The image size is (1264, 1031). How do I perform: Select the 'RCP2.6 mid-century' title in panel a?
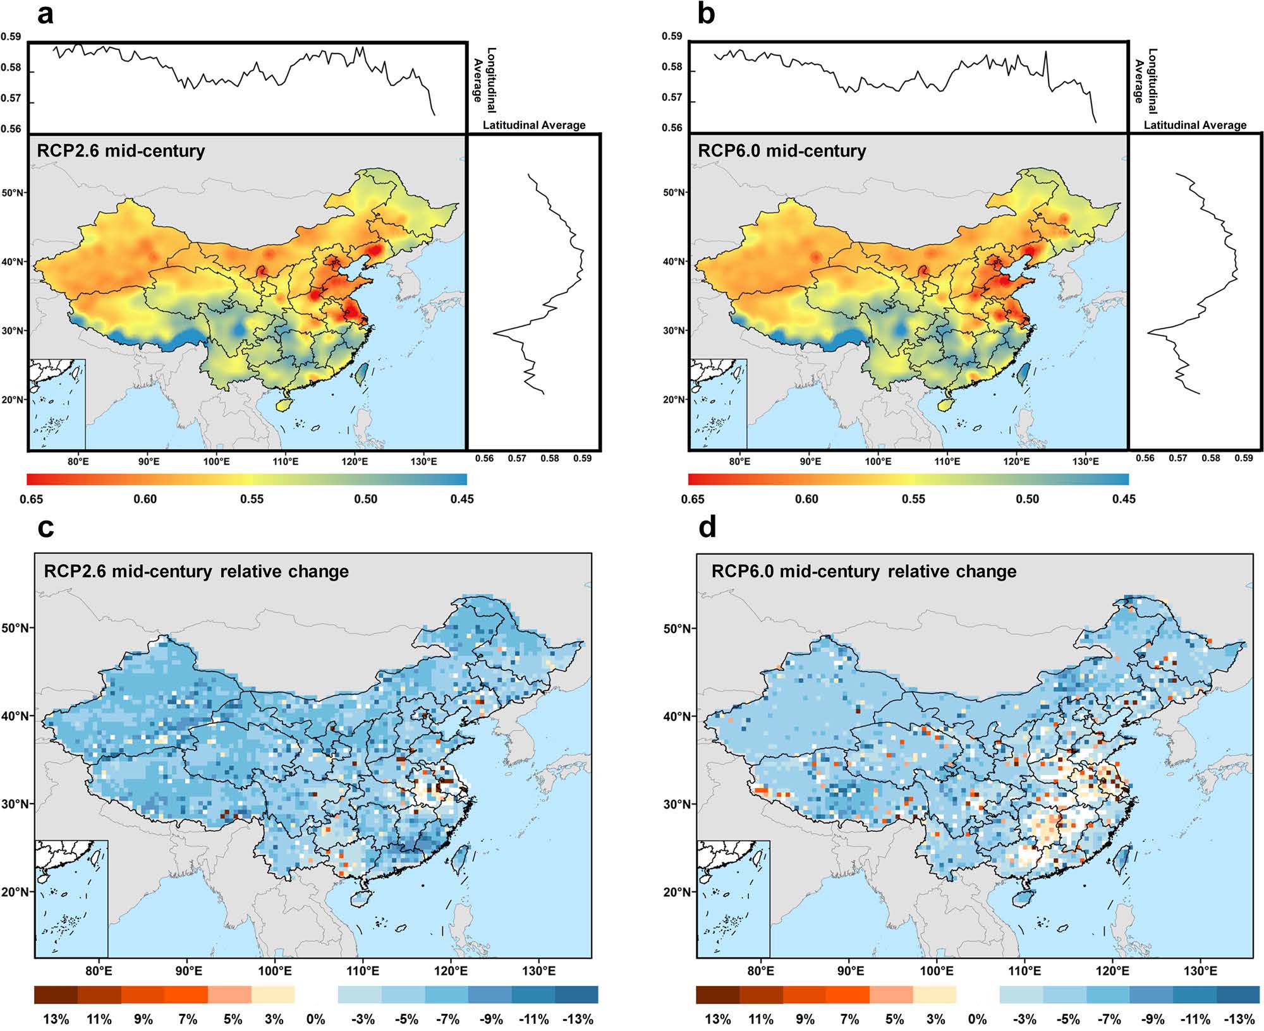tap(121, 151)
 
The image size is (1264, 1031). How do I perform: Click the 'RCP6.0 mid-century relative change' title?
tap(864, 572)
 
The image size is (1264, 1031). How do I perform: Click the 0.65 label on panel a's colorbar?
tap(32, 499)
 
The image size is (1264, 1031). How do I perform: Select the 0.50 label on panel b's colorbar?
tap(1027, 499)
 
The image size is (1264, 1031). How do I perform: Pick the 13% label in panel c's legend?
tap(56, 1019)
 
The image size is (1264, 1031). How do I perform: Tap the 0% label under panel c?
tap(315, 1019)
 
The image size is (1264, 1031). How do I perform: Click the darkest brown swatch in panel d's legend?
tap(717, 995)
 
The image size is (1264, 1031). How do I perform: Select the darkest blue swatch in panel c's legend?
tap(576, 995)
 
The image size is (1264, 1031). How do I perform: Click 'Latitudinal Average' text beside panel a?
tap(534, 125)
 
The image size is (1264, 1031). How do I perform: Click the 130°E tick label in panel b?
tap(1085, 462)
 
